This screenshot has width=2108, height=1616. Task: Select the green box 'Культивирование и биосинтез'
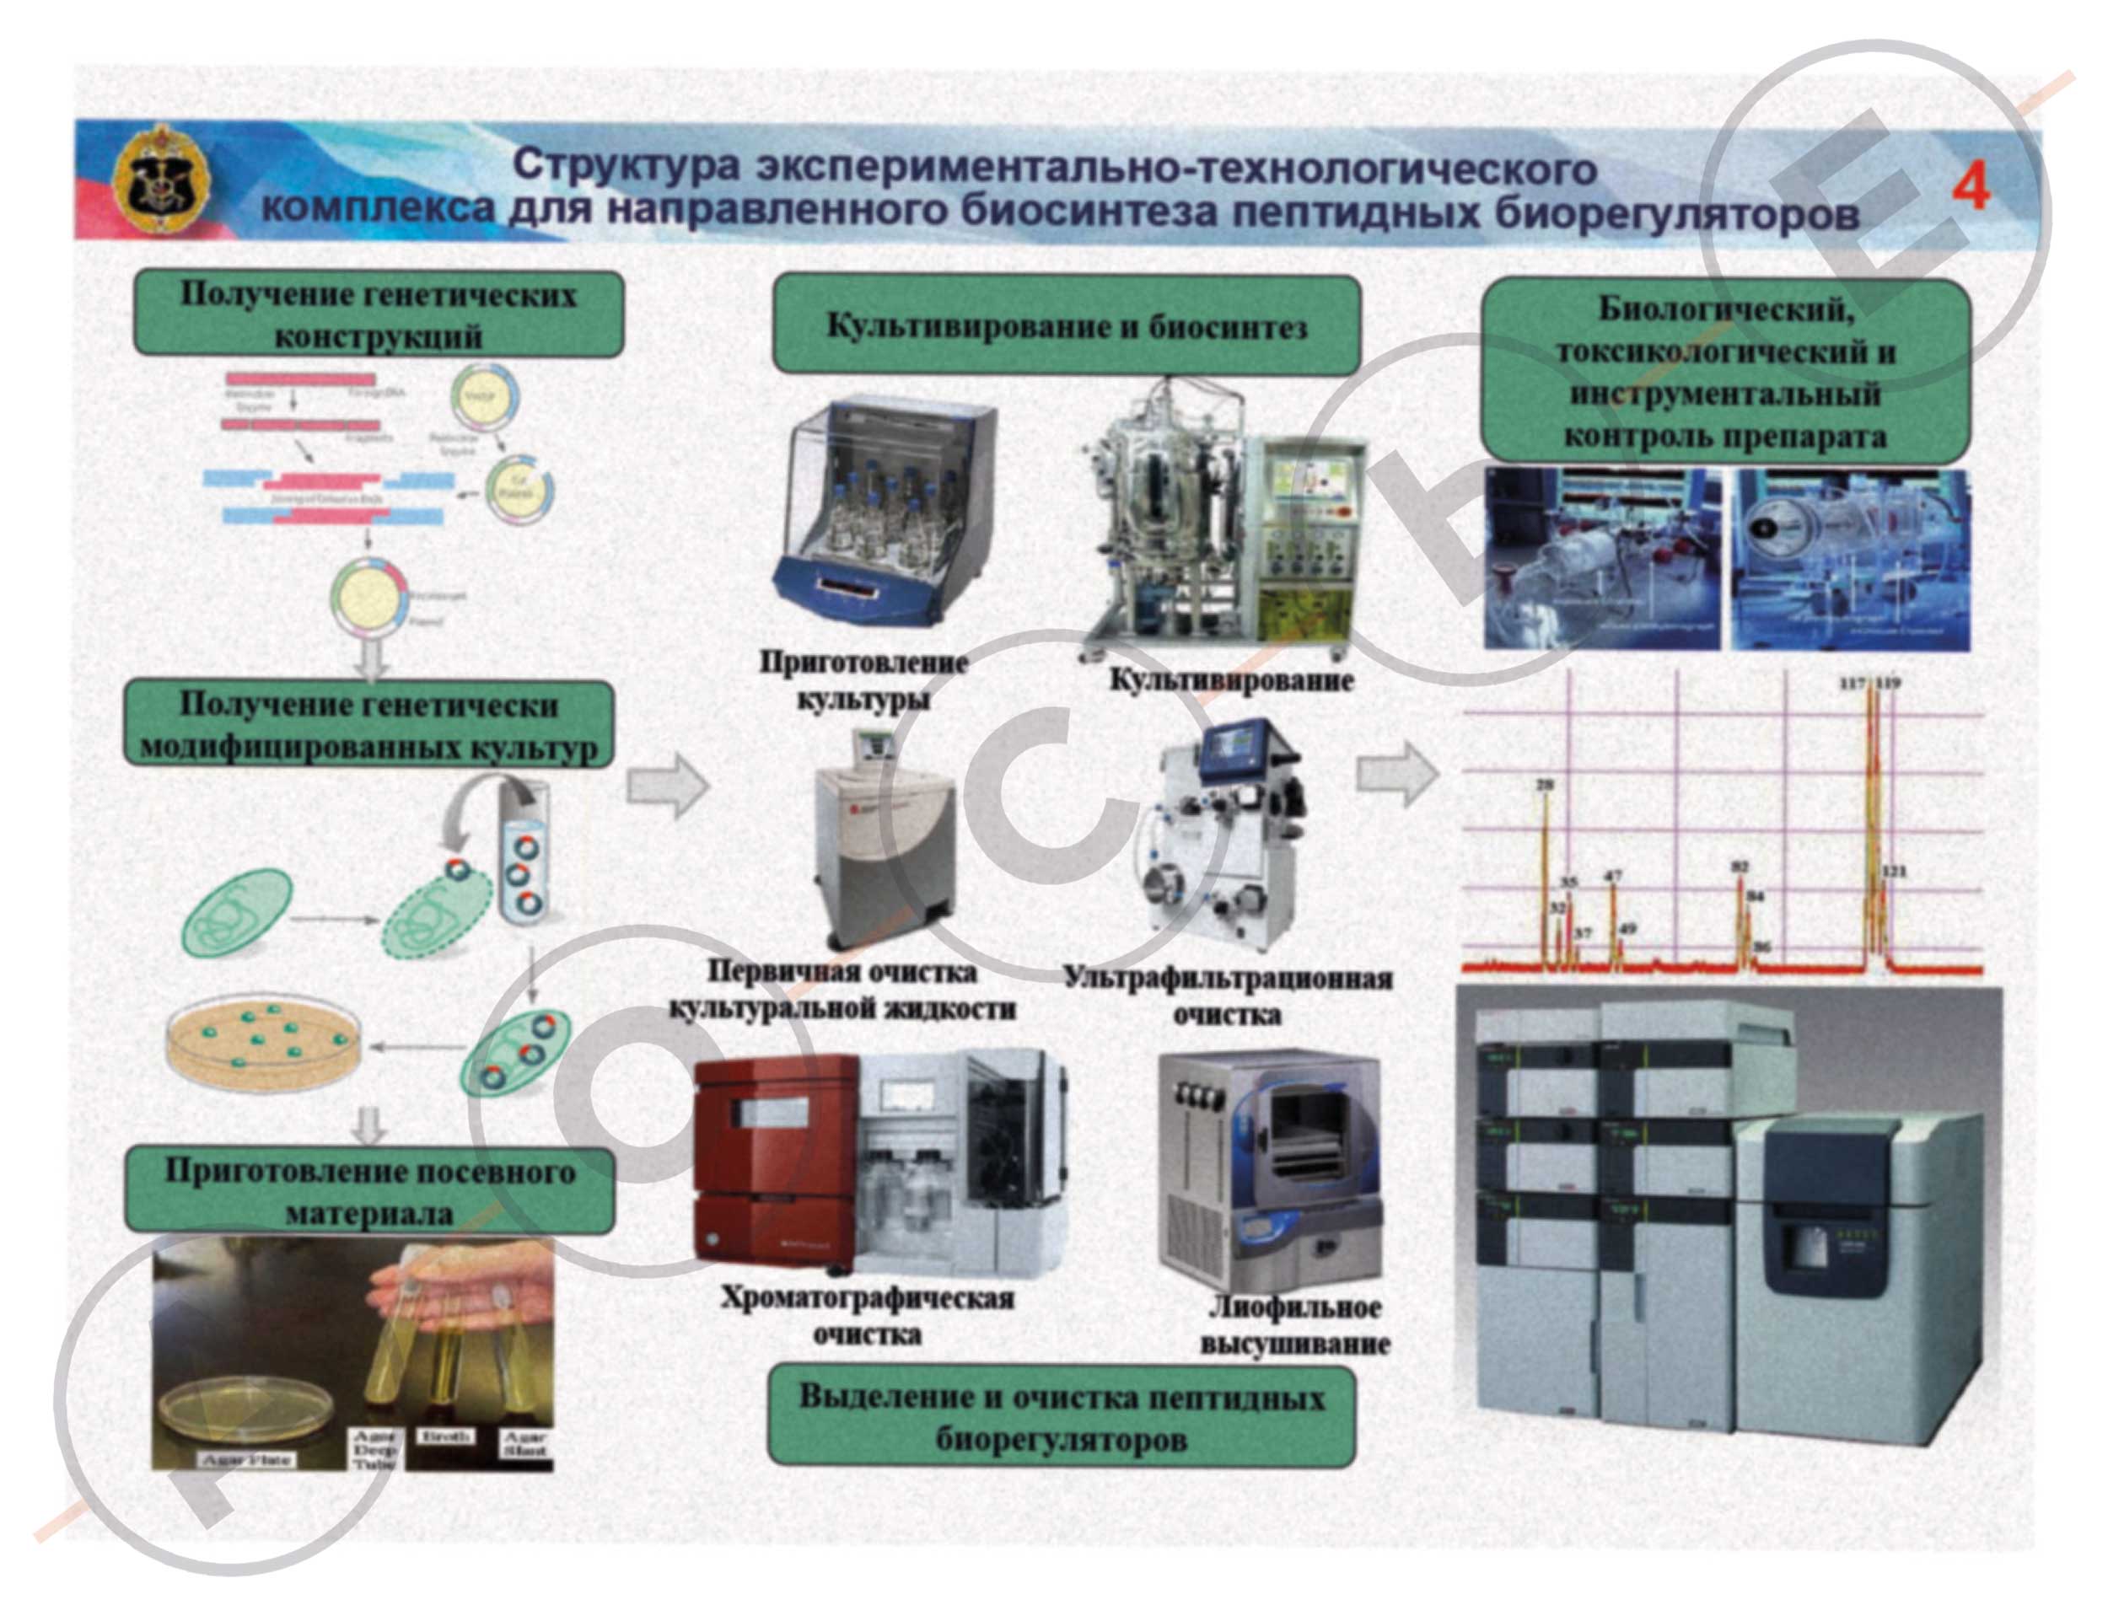pos(1065,325)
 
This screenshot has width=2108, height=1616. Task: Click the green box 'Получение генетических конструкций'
pos(378,314)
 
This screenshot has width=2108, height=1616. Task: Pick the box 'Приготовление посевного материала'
pos(369,1191)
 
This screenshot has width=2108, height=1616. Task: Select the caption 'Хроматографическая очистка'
pos(867,1315)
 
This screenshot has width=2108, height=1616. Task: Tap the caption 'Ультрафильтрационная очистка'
pos(1228,995)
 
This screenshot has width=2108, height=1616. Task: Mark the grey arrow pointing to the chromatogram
pos(1397,772)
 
